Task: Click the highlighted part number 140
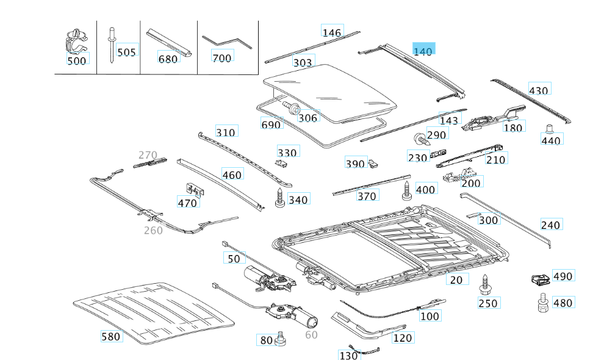pyautogui.click(x=423, y=51)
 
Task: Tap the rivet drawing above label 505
pyautogui.click(x=112, y=43)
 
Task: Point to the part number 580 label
pyautogui.click(x=111, y=336)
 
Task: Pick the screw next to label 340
pyautogui.click(x=280, y=198)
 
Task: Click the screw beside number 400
pyautogui.click(x=407, y=190)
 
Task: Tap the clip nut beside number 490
pyautogui.click(x=539, y=280)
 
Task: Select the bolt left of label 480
pyautogui.click(x=541, y=302)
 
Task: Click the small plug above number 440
pyautogui.click(x=548, y=129)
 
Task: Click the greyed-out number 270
pyautogui.click(x=148, y=155)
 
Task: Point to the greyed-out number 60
pyautogui.click(x=311, y=334)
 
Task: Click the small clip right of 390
pyautogui.click(x=375, y=162)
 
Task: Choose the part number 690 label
pyautogui.click(x=271, y=124)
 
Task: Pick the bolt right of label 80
pyautogui.click(x=281, y=337)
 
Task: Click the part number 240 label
pyautogui.click(x=550, y=225)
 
